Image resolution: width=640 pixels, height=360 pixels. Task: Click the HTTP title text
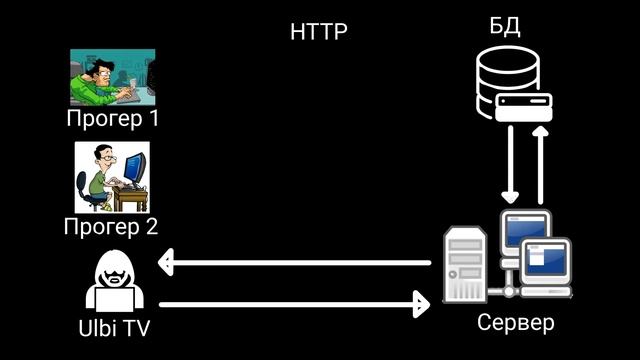[x=319, y=32]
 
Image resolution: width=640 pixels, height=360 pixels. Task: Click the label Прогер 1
[x=113, y=119]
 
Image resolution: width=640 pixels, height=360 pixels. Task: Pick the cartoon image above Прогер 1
[x=112, y=77]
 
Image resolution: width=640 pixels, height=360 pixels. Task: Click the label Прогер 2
[x=111, y=226]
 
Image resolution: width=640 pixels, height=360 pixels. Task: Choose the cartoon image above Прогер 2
[x=112, y=177]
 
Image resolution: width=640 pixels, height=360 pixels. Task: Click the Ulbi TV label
[x=113, y=327]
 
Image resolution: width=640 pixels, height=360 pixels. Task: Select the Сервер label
[x=515, y=324]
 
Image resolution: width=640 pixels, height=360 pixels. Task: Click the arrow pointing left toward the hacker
[x=295, y=264]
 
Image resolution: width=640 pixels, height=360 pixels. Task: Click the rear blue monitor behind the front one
[x=525, y=229]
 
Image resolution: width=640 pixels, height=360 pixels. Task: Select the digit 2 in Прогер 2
[x=151, y=226]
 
